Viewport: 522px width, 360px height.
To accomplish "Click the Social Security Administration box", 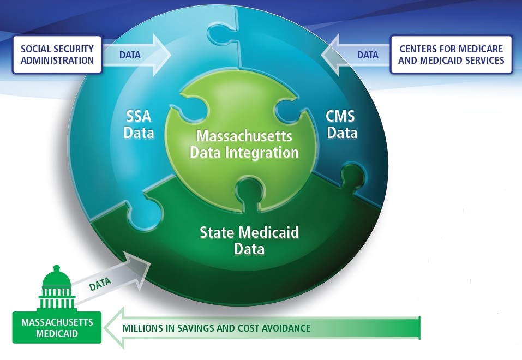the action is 57,55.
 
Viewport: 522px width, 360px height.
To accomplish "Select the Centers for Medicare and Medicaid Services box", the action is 451,55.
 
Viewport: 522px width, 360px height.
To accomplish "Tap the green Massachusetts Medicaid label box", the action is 57,327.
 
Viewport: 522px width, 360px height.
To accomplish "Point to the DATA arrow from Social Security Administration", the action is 136,55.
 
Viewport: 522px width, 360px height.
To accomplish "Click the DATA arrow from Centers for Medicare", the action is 356,55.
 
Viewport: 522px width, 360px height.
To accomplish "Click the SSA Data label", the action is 139,124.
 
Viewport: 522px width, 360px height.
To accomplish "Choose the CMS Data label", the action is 341,124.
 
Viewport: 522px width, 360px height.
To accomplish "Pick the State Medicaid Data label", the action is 249,241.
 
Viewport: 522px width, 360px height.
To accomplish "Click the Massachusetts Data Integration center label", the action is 244,144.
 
